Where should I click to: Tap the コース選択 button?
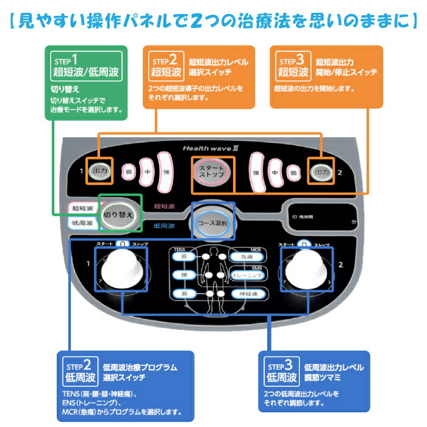click(x=212, y=222)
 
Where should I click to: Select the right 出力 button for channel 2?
click(x=321, y=172)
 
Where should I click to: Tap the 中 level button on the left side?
click(x=147, y=172)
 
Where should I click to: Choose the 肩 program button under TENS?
click(x=184, y=257)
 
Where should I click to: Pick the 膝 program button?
click(x=184, y=294)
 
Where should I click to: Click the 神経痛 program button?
click(x=246, y=295)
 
